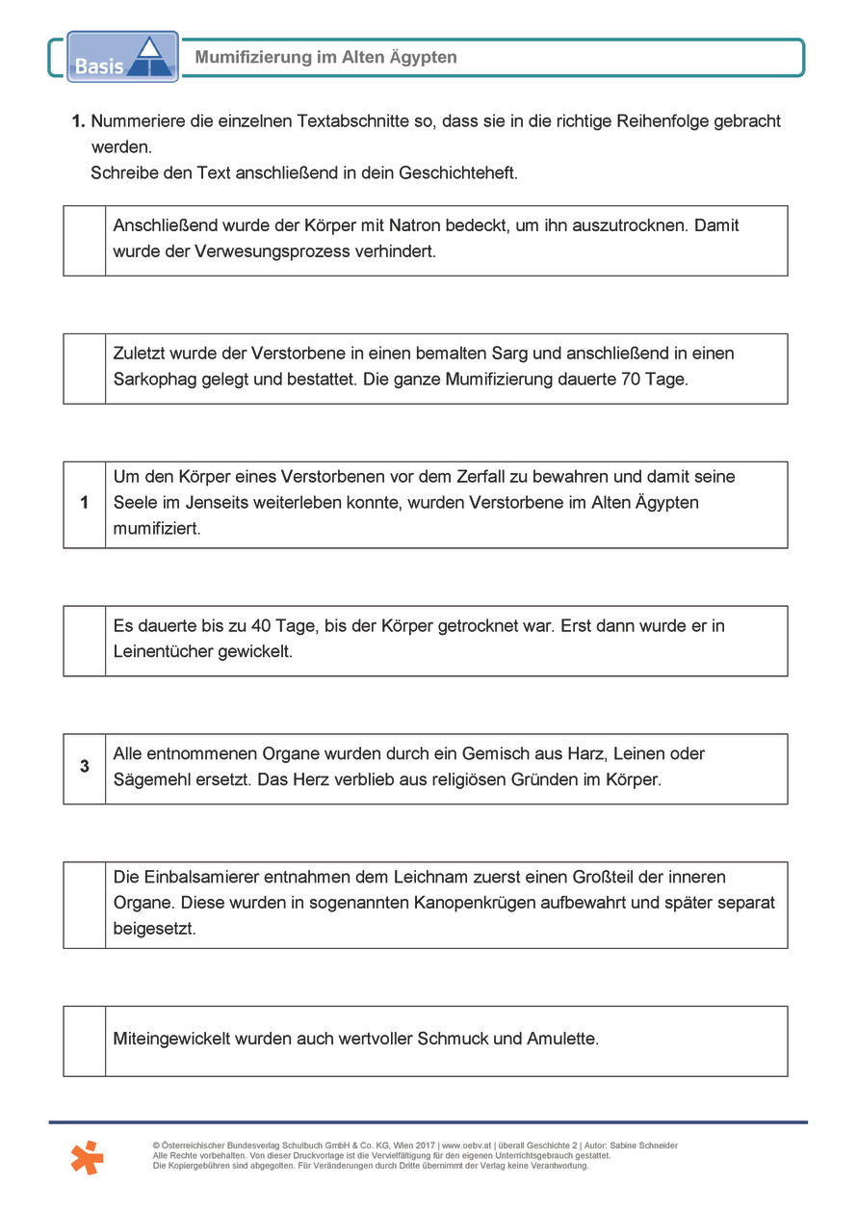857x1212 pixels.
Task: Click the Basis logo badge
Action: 122,57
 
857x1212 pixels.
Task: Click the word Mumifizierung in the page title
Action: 252,58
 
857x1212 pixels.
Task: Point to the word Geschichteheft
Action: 458,173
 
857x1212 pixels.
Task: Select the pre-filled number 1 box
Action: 85,503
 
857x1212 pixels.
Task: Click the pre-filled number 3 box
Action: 85,767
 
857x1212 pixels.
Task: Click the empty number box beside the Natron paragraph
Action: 85,240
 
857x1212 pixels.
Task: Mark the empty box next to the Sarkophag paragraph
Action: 85,368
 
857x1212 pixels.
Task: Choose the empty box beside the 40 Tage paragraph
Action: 85,640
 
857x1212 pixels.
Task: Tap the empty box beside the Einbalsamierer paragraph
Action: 85,904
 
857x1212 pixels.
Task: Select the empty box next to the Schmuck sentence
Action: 85,1040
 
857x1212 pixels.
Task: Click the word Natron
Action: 414,226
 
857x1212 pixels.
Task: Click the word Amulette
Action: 562,1040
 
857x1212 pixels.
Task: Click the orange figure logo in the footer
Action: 87,1156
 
